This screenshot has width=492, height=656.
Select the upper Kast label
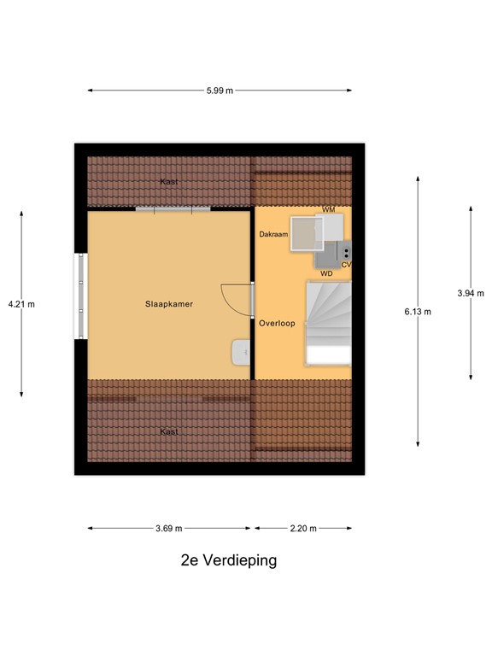(x=169, y=182)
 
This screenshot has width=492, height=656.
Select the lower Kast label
(x=169, y=431)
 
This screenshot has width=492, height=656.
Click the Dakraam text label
(x=272, y=234)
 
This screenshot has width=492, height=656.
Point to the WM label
(x=328, y=210)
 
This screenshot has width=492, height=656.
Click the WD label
(x=326, y=273)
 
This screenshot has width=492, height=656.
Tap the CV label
(x=346, y=265)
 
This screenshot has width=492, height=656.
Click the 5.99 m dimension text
(x=220, y=91)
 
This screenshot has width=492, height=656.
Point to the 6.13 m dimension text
(x=418, y=312)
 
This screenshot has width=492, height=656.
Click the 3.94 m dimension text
(x=470, y=293)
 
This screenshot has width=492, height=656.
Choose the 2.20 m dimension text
(x=302, y=529)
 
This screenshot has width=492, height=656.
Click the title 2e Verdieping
(x=228, y=561)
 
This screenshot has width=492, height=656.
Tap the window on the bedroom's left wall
(x=81, y=296)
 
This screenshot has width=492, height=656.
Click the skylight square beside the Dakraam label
(x=305, y=233)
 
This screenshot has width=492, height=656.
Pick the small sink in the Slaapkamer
(x=242, y=350)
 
